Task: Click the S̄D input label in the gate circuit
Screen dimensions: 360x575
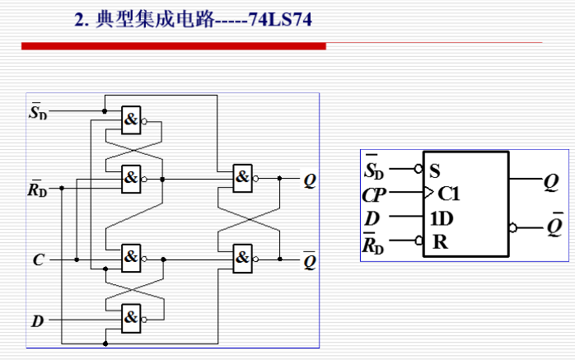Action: point(38,112)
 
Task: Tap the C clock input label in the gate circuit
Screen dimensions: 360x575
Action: point(38,260)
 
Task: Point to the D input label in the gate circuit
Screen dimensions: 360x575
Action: point(37,320)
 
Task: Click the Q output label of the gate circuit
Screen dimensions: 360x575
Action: point(309,179)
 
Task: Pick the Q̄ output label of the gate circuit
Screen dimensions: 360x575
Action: point(309,259)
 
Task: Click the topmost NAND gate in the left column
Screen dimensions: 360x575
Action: point(131,120)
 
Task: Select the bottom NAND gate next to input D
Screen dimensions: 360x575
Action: point(131,316)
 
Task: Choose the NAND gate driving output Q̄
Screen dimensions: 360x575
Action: point(242,259)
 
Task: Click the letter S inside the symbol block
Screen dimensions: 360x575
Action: point(435,172)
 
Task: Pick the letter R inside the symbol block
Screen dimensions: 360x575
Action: point(439,242)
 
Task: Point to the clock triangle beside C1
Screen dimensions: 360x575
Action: point(428,194)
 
